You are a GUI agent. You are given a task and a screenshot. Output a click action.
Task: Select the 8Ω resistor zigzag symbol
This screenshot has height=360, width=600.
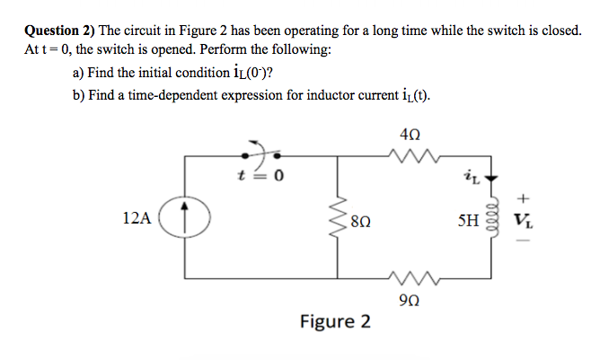[340, 217]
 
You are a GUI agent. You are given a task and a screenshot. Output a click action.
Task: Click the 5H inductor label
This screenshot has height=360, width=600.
[469, 217]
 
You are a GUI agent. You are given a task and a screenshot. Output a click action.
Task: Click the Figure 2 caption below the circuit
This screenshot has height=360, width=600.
[335, 321]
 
